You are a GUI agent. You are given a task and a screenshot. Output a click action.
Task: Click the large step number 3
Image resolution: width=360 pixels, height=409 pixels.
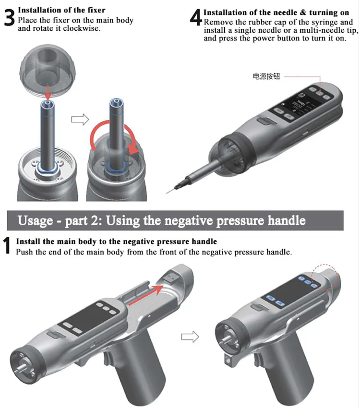tap(10, 18)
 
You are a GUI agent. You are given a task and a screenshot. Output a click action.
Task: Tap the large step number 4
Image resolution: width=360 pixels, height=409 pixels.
tap(196, 18)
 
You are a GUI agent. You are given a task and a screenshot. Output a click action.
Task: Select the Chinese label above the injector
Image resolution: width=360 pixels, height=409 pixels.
tap(266, 76)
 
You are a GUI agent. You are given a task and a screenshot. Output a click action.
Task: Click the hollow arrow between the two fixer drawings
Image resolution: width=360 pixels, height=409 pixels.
tap(80, 120)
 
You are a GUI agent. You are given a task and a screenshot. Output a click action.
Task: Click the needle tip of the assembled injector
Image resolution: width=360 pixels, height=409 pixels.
tap(167, 193)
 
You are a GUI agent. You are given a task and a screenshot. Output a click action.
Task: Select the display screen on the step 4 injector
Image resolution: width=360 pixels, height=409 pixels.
tap(298, 104)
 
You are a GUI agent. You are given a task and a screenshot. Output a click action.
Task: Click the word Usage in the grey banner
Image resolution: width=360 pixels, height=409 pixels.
tap(35, 220)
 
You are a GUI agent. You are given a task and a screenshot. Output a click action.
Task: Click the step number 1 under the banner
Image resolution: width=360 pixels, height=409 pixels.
tap(7, 245)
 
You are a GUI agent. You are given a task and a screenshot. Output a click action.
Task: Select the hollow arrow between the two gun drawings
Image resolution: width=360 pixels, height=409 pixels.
tap(190, 337)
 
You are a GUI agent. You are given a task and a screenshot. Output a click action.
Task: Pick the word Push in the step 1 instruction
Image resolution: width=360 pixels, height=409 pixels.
tap(24, 252)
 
